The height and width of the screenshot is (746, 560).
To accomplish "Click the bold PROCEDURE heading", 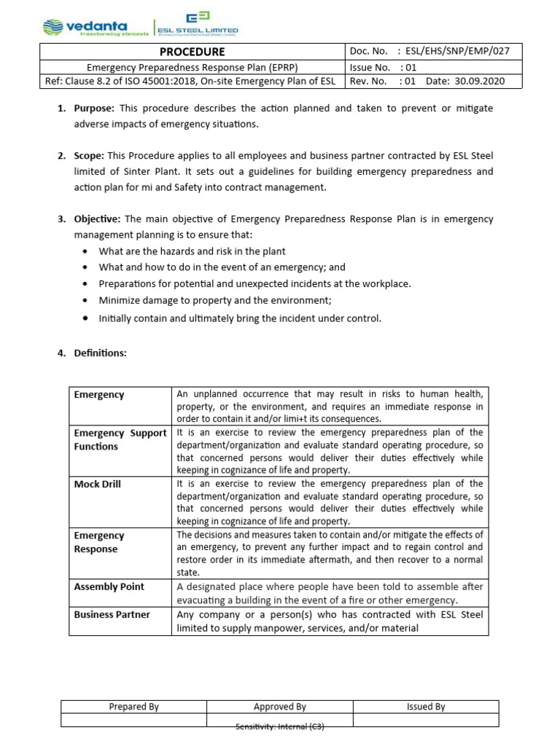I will [192, 52].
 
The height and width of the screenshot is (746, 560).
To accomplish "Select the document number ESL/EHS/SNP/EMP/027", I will [459, 52].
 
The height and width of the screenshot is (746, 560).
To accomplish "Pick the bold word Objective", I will [98, 219].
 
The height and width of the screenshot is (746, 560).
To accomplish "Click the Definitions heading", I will [100, 353].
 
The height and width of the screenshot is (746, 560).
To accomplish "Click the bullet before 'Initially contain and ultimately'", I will [86, 318].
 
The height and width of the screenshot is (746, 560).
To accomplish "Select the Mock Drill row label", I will [98, 484].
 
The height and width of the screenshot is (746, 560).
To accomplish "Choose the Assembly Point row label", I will [109, 586].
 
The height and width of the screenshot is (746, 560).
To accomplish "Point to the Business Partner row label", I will [112, 614].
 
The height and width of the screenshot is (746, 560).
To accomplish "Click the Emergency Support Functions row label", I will [120, 440].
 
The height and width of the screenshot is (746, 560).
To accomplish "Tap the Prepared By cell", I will [133, 707].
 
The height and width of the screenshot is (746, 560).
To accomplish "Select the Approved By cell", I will [279, 707].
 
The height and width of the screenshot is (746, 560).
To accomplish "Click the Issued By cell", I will [426, 707].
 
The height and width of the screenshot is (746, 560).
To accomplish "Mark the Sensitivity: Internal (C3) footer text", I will [279, 727].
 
